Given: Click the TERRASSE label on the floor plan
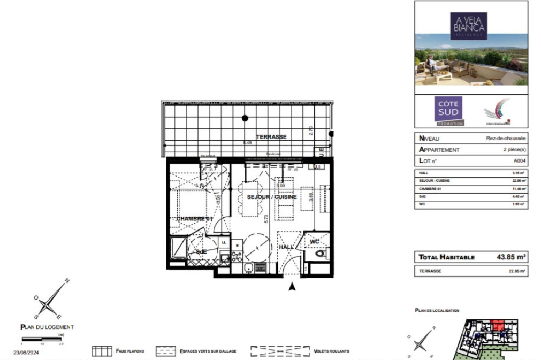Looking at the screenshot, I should click(271, 137).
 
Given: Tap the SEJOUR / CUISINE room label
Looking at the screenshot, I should click(271, 197).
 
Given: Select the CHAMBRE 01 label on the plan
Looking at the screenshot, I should click(194, 219).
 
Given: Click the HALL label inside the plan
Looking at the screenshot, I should click(286, 247).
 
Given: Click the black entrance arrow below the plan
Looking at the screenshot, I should click(292, 287).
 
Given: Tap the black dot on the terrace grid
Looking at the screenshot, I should click(245, 118).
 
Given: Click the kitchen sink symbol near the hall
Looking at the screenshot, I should click(248, 269).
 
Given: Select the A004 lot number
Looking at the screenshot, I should click(519, 160).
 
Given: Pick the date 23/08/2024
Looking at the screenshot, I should click(26, 352).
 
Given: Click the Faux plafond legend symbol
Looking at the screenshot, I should click(102, 351).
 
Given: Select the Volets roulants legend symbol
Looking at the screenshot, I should click(280, 351).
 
